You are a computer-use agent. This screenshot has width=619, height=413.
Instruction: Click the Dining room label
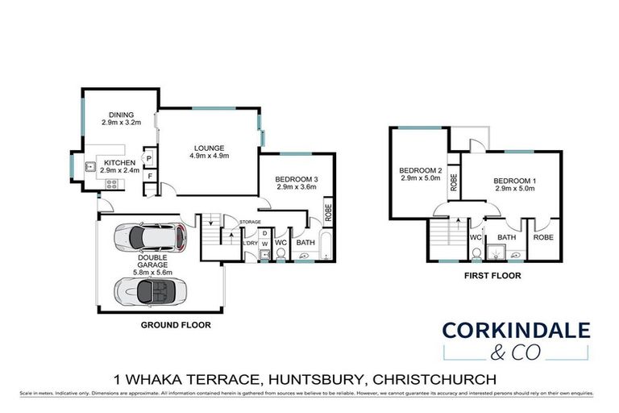point(121,114)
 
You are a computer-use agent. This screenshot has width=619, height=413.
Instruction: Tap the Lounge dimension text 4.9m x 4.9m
point(208,156)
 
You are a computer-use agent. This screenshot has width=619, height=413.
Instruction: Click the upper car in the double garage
point(149,236)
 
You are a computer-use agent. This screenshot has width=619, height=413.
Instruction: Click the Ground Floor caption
point(177,326)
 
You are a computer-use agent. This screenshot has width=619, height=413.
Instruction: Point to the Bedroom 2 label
point(420,170)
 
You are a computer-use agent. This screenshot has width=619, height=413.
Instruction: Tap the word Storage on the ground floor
point(250,221)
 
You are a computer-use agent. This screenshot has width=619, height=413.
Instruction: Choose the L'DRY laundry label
point(250,242)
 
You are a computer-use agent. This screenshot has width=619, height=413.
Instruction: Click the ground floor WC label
point(281,242)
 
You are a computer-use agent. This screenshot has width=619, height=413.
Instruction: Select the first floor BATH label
point(506,237)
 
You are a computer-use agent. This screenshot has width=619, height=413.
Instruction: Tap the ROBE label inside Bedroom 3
point(328,212)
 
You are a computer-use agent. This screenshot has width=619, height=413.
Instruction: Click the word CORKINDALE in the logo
point(516,329)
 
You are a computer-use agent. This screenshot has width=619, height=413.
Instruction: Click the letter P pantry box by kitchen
point(149,159)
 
